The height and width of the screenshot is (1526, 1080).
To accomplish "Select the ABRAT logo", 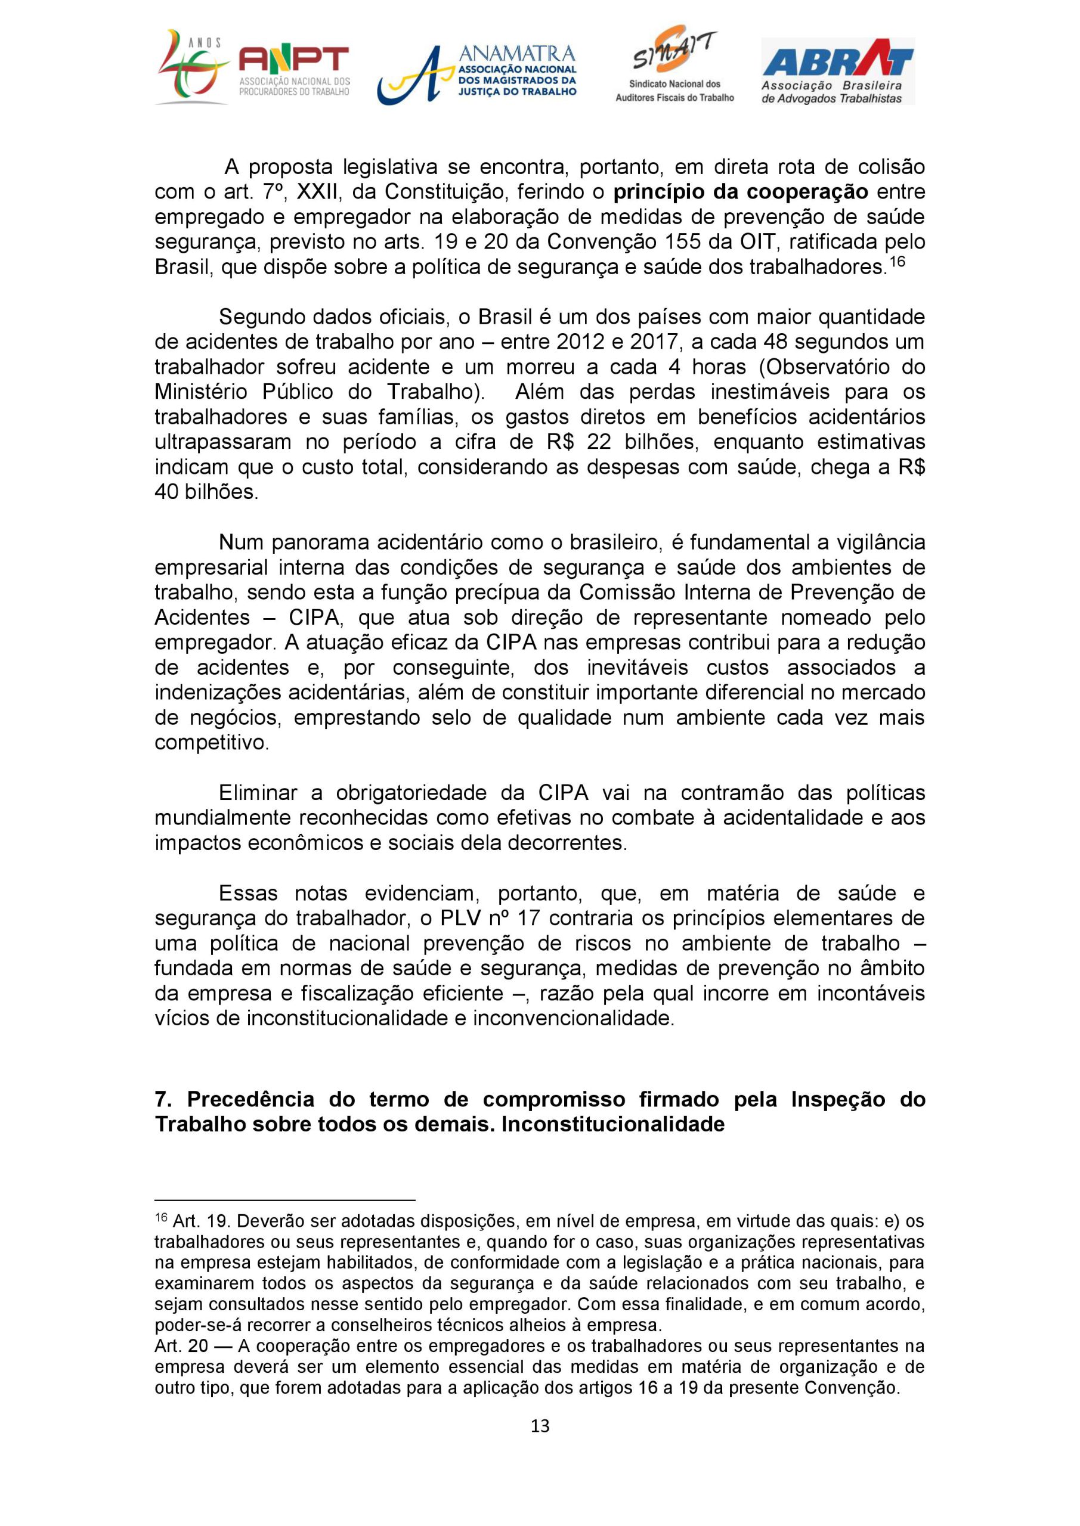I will click(x=837, y=71).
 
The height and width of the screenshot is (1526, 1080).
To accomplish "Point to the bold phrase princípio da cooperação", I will click(x=740, y=192).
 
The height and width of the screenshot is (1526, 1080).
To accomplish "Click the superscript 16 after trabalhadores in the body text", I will click(x=897, y=261).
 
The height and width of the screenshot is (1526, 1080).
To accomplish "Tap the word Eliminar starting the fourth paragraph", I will click(x=258, y=793).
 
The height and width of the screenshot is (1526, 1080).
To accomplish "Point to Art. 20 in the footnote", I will click(x=181, y=1346).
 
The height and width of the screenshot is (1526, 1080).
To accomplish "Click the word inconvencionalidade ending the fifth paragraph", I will click(x=573, y=1018).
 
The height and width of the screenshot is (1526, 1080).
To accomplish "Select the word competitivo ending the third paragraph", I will click(x=212, y=742).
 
